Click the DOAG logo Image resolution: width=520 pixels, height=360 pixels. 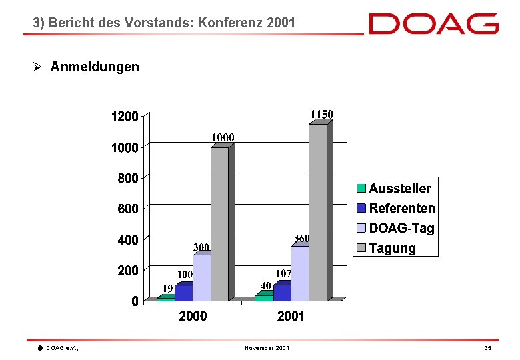[433, 23]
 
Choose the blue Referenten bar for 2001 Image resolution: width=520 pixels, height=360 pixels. [282, 291]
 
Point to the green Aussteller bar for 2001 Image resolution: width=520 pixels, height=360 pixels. [264, 296]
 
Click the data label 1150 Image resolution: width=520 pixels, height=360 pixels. [322, 115]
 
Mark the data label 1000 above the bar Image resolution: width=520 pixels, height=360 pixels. [223, 137]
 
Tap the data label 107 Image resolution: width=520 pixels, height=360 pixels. [283, 273]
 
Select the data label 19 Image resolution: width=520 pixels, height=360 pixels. [168, 288]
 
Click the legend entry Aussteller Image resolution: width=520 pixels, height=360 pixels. [394, 188]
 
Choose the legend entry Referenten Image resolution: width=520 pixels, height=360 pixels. [396, 208]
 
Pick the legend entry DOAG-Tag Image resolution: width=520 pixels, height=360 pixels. [395, 228]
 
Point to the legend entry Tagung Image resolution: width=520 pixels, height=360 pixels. [387, 248]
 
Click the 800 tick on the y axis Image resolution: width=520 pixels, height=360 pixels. [128, 179]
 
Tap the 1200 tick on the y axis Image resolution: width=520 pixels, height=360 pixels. [125, 117]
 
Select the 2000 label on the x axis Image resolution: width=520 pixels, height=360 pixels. [193, 316]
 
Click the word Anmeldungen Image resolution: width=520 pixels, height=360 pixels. [95, 67]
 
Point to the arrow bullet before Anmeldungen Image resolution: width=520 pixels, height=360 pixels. [37, 67]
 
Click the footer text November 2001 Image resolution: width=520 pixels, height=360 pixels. [267, 348]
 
